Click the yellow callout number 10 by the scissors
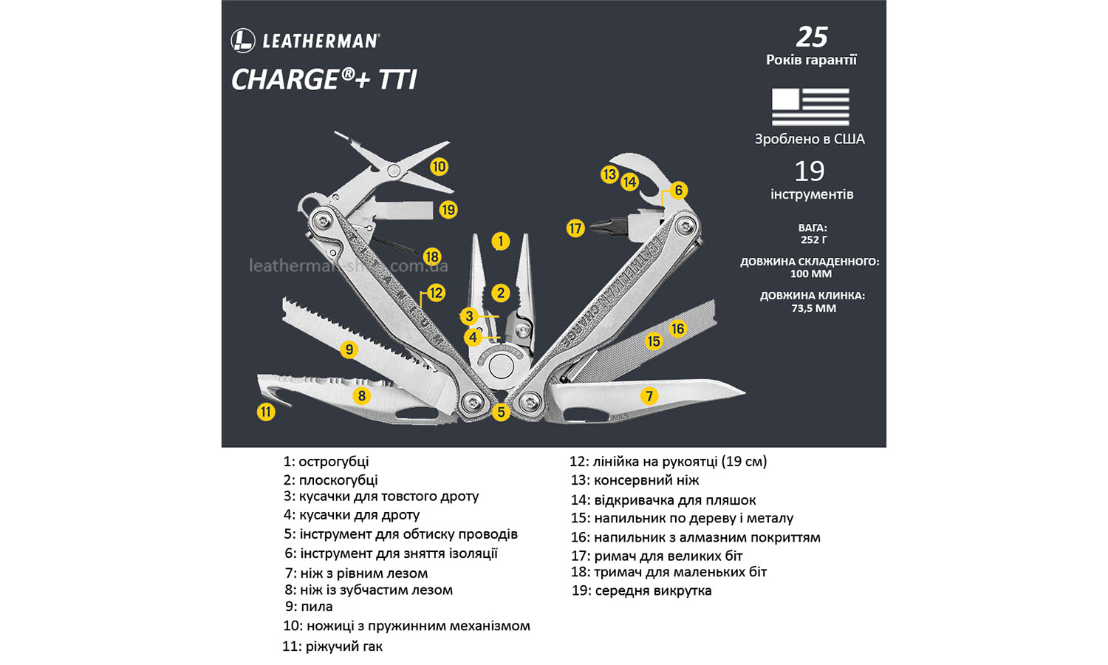pos(439,166)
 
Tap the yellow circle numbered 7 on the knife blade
pos(649,396)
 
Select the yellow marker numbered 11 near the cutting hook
pos(266,412)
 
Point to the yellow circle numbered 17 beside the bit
pos(575,228)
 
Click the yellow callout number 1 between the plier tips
pos(500,241)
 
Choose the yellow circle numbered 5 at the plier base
pos(501,412)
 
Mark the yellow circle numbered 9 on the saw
pos(349,349)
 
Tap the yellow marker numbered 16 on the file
pos(677,329)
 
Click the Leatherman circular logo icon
pos(243,41)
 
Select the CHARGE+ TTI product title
pos(324,80)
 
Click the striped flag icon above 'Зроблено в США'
pos(810,106)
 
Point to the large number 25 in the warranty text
pos(812,37)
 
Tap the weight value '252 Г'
pos(813,240)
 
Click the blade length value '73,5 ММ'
pos(813,308)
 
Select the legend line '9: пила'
pos(309,607)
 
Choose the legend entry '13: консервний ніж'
pos(635,480)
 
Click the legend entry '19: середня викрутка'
pos(641,590)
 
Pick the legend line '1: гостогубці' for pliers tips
pos(326,462)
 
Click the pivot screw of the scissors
pos(394,171)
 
